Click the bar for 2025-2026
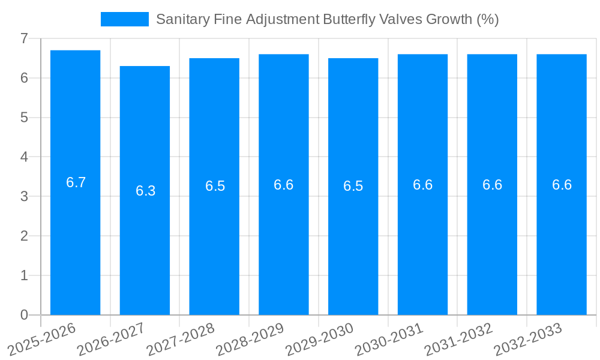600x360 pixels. [x=75, y=240]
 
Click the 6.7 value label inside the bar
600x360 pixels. [x=76, y=183]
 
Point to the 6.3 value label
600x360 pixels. [x=145, y=191]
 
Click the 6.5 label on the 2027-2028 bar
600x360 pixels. [x=215, y=186]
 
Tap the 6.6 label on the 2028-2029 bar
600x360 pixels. [x=284, y=185]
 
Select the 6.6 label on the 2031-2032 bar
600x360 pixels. [x=492, y=185]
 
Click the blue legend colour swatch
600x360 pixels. [x=124, y=19]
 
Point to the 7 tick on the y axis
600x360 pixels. [x=24, y=38]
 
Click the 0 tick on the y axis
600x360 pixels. [x=24, y=315]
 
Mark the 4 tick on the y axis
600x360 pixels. [x=24, y=157]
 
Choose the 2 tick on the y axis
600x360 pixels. [x=24, y=236]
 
